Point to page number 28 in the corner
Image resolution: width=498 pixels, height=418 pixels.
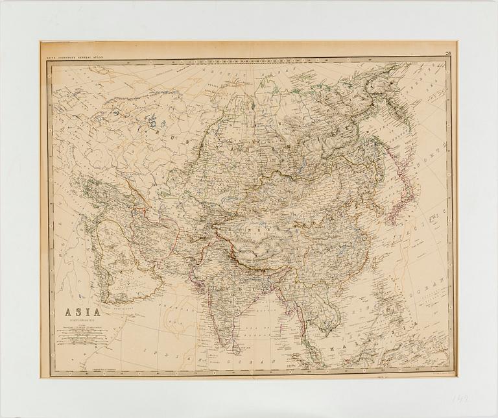448,53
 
